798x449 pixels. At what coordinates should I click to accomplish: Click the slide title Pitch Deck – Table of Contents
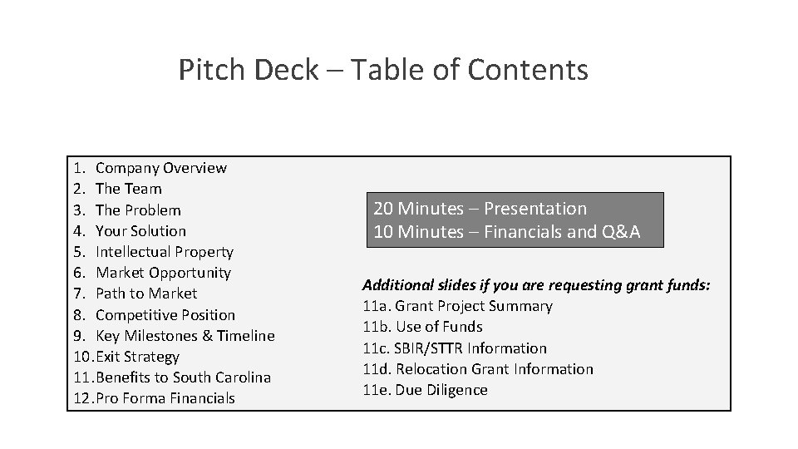pyautogui.click(x=383, y=70)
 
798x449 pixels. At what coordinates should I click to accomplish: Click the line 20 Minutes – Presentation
pyautogui.click(x=480, y=209)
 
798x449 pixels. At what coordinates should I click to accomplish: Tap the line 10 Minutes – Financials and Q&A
pyautogui.click(x=506, y=231)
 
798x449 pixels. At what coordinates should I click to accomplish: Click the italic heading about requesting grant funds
pyautogui.click(x=536, y=285)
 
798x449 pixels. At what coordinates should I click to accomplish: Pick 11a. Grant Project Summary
pyautogui.click(x=457, y=306)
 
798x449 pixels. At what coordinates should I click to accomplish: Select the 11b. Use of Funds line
pyautogui.click(x=422, y=327)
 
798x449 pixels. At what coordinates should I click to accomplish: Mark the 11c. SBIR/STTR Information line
pyautogui.click(x=455, y=348)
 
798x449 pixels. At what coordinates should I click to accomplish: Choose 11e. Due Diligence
pyautogui.click(x=425, y=390)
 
